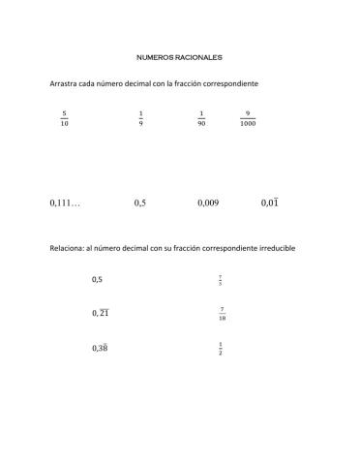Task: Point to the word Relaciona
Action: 67,248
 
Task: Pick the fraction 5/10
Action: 64,118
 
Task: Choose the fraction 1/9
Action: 140,118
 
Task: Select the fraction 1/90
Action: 201,118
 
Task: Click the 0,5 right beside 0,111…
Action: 140,203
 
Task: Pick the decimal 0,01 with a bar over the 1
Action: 270,203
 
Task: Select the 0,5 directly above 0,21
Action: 97,280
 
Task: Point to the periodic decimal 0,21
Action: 101,313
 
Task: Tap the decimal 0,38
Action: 101,347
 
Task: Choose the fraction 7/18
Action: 223,313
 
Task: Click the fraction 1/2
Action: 221,347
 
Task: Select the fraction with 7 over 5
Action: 221,281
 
